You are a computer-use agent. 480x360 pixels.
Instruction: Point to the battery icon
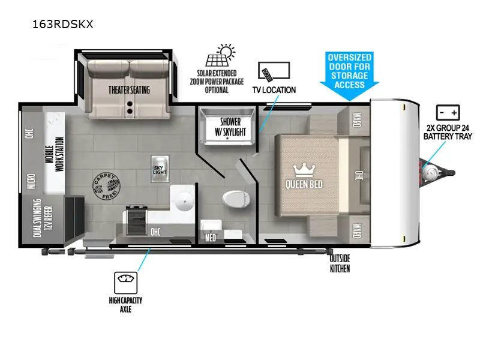pyautogui.click(x=448, y=113)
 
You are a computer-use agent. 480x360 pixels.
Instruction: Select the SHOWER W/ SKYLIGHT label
pyautogui.click(x=227, y=125)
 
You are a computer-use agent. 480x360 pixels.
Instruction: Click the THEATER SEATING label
pyautogui.click(x=129, y=90)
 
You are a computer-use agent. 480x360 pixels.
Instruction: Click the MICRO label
pyautogui.click(x=30, y=179)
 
